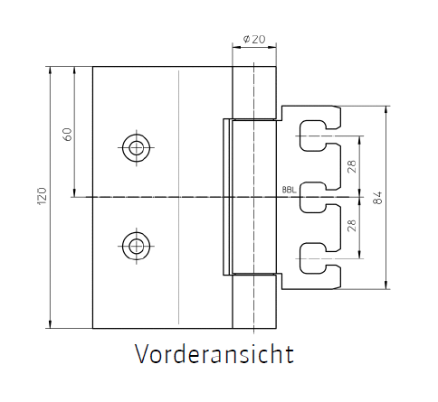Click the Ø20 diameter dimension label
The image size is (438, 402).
[x=254, y=39]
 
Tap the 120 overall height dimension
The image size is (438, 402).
[x=43, y=196]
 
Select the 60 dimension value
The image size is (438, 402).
[x=68, y=135]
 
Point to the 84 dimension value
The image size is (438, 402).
[x=377, y=198]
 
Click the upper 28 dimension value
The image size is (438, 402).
[x=352, y=166]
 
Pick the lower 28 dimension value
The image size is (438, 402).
[x=352, y=225]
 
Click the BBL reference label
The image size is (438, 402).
[x=290, y=190]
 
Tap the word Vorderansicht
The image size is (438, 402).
[x=214, y=354]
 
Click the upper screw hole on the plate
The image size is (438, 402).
[x=137, y=148]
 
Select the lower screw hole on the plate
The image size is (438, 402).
[x=137, y=246]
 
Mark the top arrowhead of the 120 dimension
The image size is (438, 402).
[x=50, y=70]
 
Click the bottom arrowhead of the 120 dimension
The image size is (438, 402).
[x=50, y=324]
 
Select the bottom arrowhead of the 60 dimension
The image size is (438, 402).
[x=74, y=193]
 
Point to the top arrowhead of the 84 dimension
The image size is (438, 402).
[x=386, y=109]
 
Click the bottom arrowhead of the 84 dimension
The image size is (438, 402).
[x=386, y=285]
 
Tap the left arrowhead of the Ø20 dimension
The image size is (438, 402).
[x=236, y=47]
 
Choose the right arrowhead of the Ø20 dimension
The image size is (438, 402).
[x=272, y=47]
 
